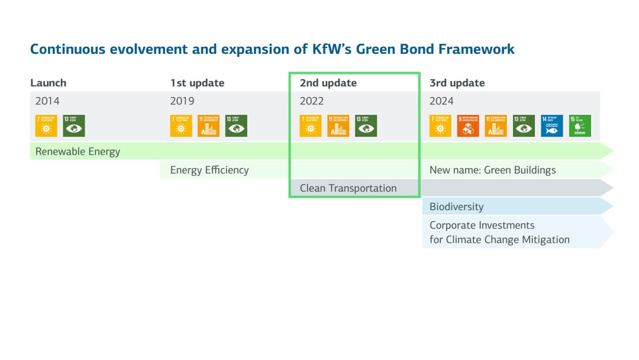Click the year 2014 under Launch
47,101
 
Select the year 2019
182,101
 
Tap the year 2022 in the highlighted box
312,101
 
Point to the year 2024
441,101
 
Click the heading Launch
49,83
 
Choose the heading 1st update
197,83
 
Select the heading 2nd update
328,83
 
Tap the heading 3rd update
457,83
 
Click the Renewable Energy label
78,152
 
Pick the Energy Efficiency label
209,171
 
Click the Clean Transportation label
348,188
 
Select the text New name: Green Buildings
492,171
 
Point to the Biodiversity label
456,207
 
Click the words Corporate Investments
482,226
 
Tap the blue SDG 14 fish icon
552,126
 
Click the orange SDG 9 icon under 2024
468,126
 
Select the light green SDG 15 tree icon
580,126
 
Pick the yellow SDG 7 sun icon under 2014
46,126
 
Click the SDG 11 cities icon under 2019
208,126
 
